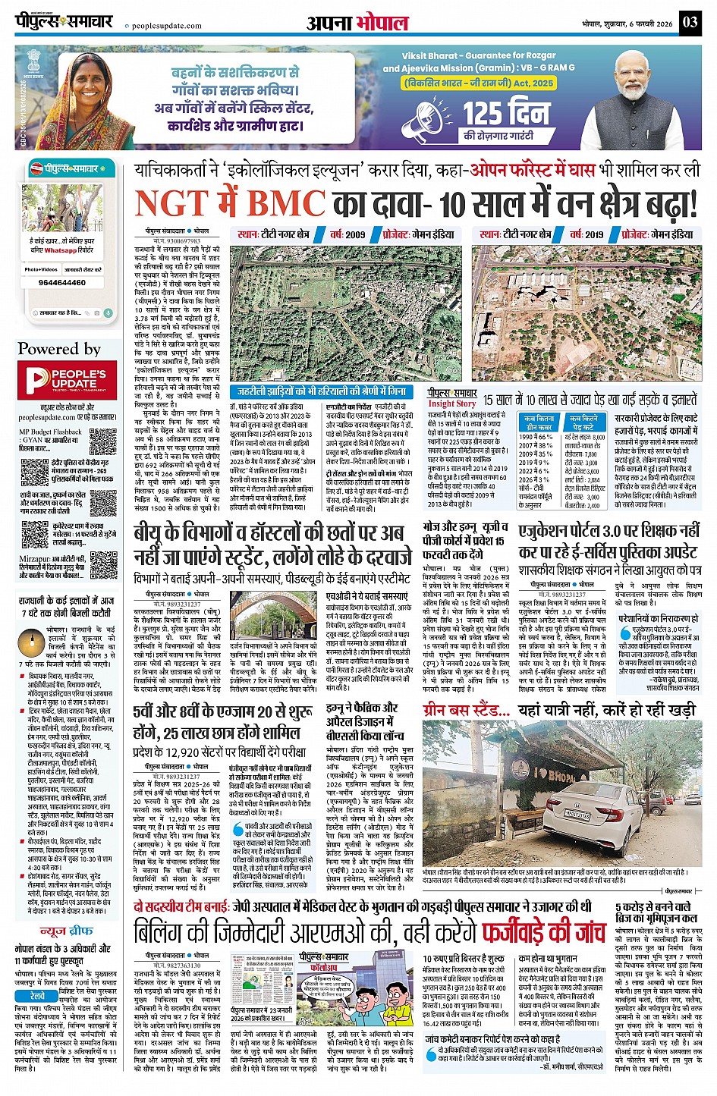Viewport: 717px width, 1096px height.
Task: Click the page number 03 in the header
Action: point(689,21)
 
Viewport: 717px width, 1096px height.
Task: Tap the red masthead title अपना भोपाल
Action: point(357,23)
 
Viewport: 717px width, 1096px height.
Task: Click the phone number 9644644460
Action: point(62,283)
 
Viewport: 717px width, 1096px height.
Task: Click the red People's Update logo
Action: point(67,378)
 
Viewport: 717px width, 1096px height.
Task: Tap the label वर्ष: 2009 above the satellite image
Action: point(347,234)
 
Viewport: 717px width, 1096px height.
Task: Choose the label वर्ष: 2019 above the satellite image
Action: point(586,234)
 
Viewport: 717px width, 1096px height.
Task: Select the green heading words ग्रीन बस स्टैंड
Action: point(466,710)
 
